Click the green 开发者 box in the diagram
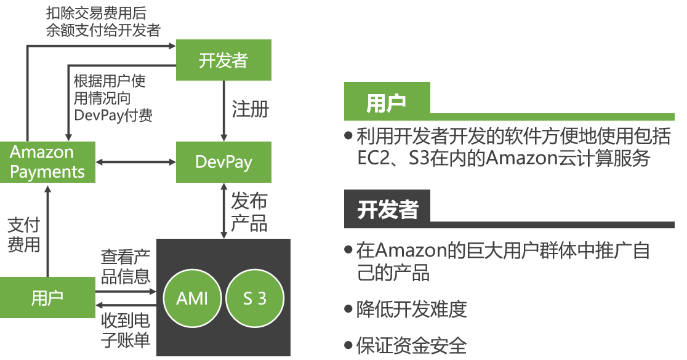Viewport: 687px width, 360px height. coord(223,60)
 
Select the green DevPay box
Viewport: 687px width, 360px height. coord(223,162)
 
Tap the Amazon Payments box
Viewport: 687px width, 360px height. coord(47,162)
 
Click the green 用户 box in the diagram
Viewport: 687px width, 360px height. coord(47,298)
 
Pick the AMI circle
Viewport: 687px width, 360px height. coord(192,298)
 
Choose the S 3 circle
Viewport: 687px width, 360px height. coord(255,298)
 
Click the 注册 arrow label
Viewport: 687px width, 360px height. coord(251,110)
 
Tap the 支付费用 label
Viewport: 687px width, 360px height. coord(23,234)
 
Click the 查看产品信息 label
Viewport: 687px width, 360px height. coord(126,266)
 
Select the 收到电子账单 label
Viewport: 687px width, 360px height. coord(126,330)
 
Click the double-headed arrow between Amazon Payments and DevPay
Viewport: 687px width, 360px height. coord(136,162)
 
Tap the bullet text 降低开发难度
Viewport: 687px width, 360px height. coord(412,309)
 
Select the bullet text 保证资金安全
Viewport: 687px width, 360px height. coord(412,345)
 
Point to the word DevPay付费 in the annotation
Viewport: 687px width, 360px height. coord(113,115)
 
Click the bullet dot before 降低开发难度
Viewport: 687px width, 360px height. coord(349,309)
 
